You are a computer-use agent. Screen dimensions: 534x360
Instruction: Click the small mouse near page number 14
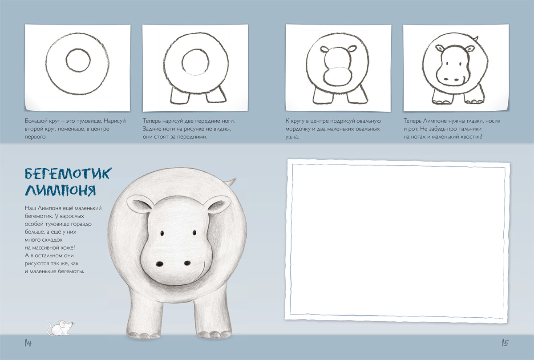[61, 328]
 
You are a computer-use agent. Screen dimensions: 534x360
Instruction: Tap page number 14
[28, 343]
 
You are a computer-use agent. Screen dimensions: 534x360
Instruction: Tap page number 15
[505, 343]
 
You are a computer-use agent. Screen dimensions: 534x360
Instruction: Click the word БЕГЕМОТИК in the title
[68, 174]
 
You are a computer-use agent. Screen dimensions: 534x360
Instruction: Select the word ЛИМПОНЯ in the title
[61, 190]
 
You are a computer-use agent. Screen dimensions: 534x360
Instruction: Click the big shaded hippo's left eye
[162, 233]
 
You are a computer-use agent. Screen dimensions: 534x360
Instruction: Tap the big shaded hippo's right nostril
[188, 263]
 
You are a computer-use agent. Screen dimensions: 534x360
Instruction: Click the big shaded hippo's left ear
[140, 204]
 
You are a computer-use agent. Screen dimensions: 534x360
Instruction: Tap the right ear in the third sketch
[352, 49]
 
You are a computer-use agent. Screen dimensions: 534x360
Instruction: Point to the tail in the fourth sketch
[475, 39]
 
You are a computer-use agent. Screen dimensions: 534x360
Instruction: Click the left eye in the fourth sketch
[447, 64]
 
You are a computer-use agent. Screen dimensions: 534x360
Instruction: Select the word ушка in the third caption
[292, 137]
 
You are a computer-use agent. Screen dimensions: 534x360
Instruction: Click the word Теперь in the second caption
[152, 121]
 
